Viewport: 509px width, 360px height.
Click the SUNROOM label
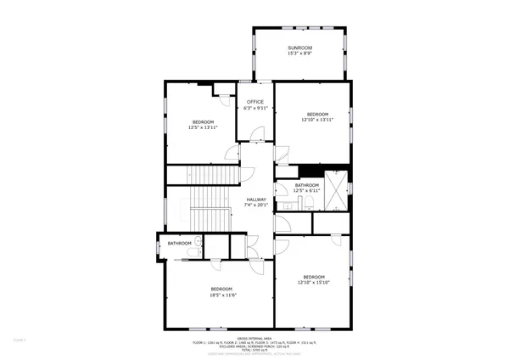coord(299,48)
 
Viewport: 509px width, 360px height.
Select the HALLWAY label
coord(256,200)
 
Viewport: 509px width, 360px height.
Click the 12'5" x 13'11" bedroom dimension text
coord(203,127)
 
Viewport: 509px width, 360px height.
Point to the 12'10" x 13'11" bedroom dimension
coord(317,120)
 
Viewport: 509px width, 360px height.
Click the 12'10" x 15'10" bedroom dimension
coord(314,282)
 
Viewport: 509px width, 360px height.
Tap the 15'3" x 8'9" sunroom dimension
coord(299,53)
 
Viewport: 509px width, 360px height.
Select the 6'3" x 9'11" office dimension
coord(255,109)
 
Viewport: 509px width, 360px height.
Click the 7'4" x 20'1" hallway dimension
coord(256,205)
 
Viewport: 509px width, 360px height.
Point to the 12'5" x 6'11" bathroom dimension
coord(307,190)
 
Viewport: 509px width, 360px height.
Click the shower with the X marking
coord(338,189)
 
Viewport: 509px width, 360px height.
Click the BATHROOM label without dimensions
coord(179,244)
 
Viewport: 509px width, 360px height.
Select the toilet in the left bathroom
coord(199,244)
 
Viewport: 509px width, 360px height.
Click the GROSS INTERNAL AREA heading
coord(255,337)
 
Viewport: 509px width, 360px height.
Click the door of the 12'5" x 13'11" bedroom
coord(231,153)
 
